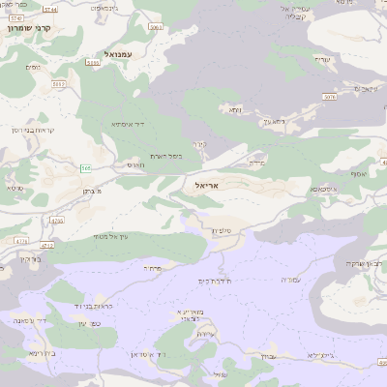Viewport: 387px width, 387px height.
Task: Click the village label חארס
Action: [x=135, y=165]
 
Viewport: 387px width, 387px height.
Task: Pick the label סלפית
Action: [x=219, y=231]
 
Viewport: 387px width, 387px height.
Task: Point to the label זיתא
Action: [x=235, y=110]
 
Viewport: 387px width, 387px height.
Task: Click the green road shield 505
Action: [x=86, y=168]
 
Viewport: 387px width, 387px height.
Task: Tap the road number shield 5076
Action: [x=330, y=96]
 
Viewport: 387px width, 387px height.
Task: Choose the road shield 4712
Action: [x=47, y=245]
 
